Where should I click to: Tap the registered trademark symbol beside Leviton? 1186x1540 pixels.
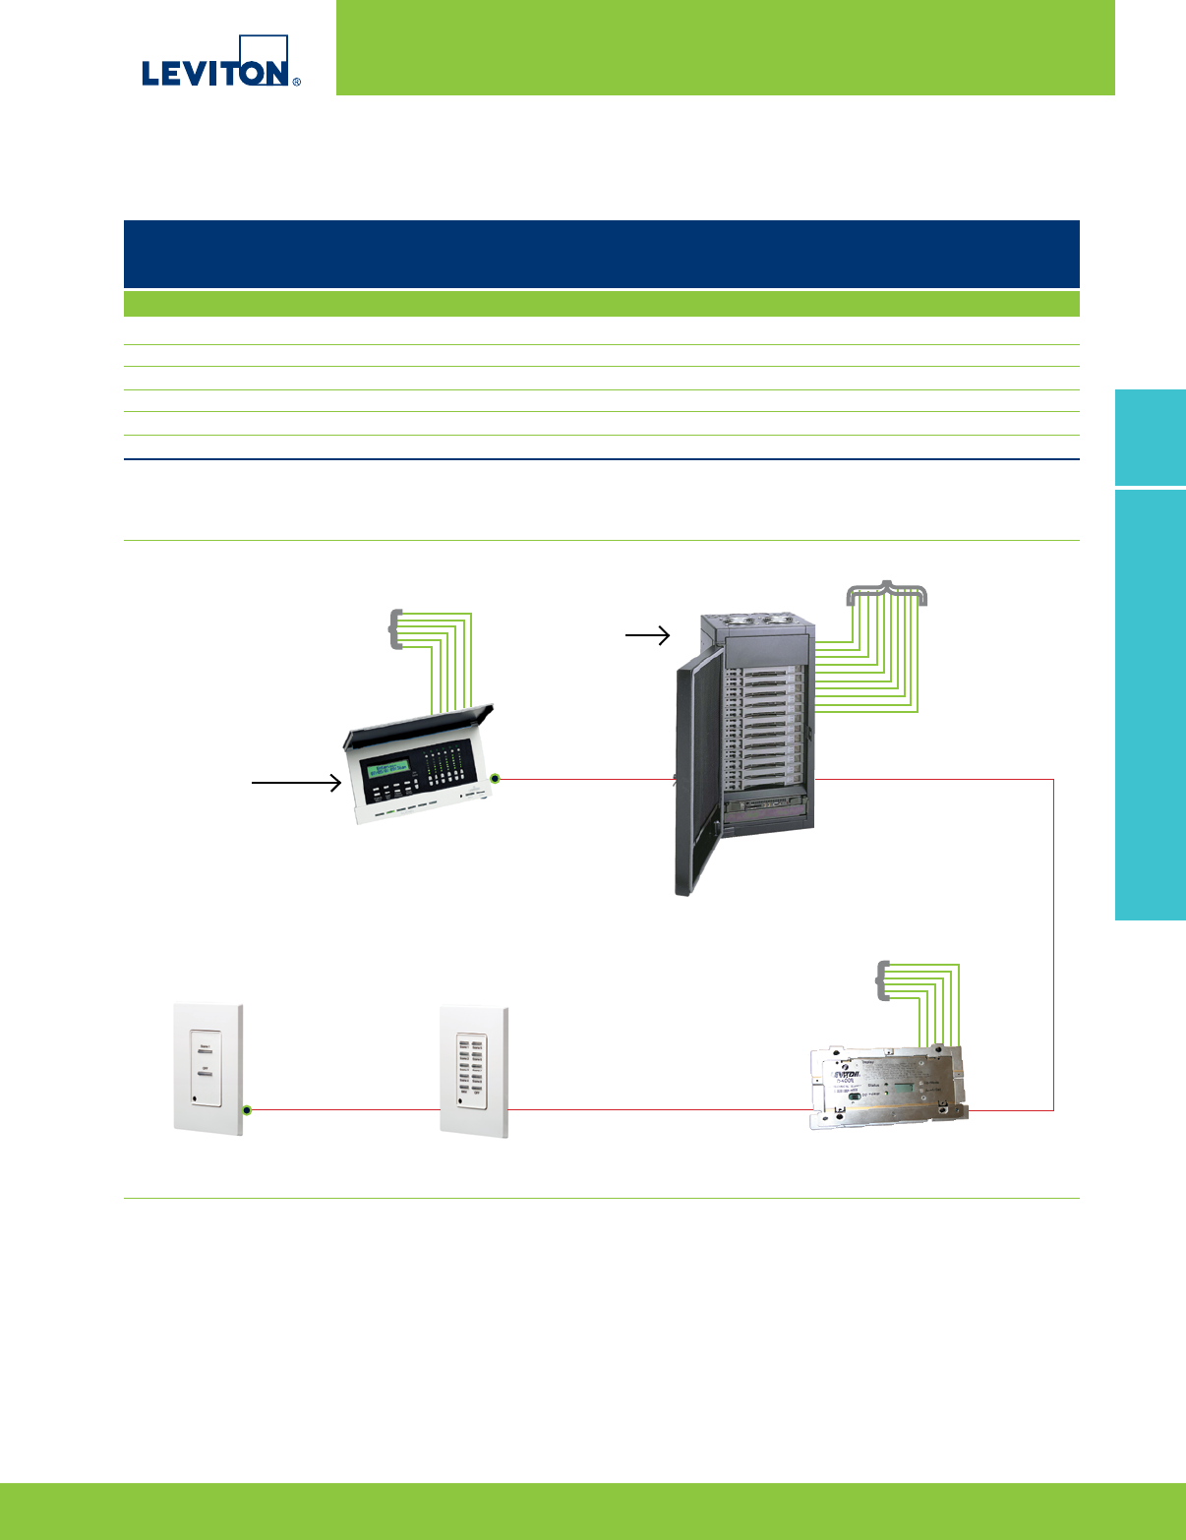[297, 82]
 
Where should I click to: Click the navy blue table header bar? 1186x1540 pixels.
[601, 254]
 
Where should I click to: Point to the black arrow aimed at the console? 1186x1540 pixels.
[296, 783]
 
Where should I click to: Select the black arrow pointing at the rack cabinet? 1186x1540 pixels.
[647, 636]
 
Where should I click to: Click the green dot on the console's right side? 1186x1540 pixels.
[496, 779]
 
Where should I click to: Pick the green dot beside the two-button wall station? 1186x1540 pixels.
[248, 1110]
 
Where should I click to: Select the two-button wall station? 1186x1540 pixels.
[208, 1068]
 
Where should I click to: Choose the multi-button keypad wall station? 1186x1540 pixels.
[474, 1071]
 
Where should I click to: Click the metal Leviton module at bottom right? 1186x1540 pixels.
[886, 1086]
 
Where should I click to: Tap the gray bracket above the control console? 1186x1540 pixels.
[395, 629]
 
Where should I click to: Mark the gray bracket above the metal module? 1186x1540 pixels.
[882, 980]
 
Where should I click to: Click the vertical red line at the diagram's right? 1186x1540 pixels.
[1053, 944]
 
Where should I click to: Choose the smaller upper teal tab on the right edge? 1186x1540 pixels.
[1151, 438]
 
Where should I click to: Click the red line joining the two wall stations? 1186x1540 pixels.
[344, 1110]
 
